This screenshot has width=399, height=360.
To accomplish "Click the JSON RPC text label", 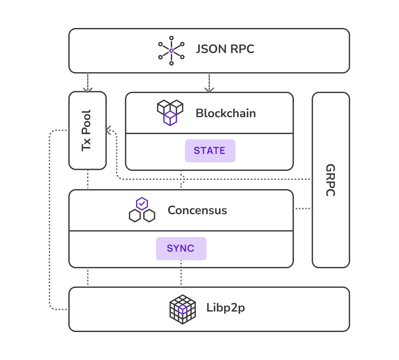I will pos(225,49).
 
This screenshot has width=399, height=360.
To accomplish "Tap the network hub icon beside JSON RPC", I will pos(171,50).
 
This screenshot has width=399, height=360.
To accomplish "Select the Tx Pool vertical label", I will pos(86,131).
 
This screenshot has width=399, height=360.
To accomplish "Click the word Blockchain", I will pos(226,113).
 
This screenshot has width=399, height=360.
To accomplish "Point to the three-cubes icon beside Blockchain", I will pos(170,112).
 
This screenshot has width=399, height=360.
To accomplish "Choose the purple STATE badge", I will pos(210,151).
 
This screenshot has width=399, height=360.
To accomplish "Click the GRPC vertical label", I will pos(330,180).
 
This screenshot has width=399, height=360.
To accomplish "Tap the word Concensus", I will pos(197,210).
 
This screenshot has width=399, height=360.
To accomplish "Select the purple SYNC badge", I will pos(181,248).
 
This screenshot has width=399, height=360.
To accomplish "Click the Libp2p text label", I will pos(226,308).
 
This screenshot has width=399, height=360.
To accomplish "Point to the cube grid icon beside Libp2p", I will pos(183,309).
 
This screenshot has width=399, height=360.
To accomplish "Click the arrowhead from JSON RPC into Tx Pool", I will pos(88,90).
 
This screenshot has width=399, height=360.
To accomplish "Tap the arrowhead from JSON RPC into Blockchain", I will pos(209,90).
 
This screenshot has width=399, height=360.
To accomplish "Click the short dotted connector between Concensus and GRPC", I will pos(303,208).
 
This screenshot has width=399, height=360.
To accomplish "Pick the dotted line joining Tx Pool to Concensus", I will pos(88,179).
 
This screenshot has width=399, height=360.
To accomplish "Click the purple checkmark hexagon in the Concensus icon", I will pos(142,204).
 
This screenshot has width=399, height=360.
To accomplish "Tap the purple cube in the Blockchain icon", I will pos(170,118).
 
